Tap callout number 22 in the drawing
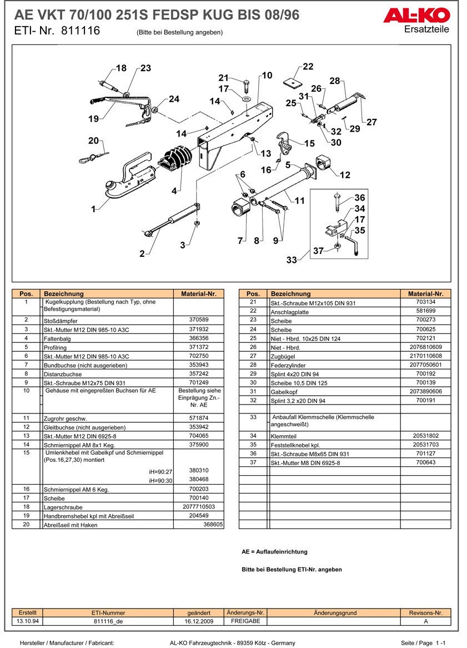(308, 67)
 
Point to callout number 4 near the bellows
(174, 191)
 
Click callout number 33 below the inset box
(292, 260)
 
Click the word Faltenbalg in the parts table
(60, 338)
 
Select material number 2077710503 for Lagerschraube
(198, 507)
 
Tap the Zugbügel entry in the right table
(283, 356)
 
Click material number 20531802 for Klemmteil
(426, 436)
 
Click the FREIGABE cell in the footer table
(245, 621)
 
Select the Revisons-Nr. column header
(425, 613)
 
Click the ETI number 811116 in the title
(81, 31)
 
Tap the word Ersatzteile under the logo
(426, 29)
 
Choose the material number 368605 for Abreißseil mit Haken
(213, 524)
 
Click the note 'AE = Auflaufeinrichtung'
(274, 552)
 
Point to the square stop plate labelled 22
(291, 82)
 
